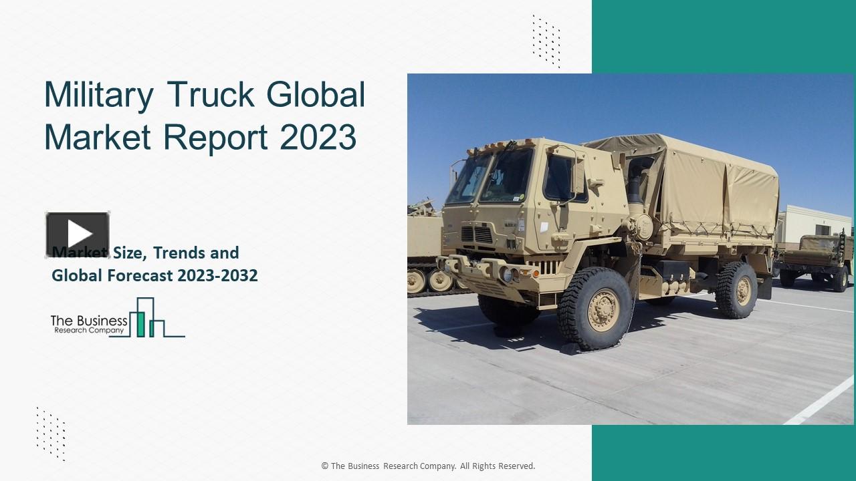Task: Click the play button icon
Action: click(78, 234)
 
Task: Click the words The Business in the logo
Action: click(89, 321)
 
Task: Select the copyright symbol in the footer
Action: click(324, 466)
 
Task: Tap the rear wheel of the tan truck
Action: click(736, 289)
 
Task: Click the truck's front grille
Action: click(477, 234)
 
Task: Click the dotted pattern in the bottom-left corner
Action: click(51, 434)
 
